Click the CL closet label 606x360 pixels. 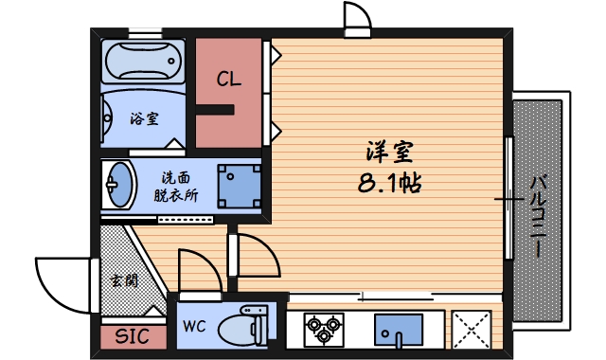click(228, 80)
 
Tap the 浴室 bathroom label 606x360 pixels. click(144, 119)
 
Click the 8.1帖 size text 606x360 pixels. click(389, 183)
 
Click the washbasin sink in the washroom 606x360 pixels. click(119, 184)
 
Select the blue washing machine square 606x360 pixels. click(238, 185)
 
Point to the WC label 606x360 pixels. click(194, 327)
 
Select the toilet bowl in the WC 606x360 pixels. click(243, 329)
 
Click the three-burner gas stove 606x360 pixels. click(323, 330)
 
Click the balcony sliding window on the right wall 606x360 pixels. click(509, 199)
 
